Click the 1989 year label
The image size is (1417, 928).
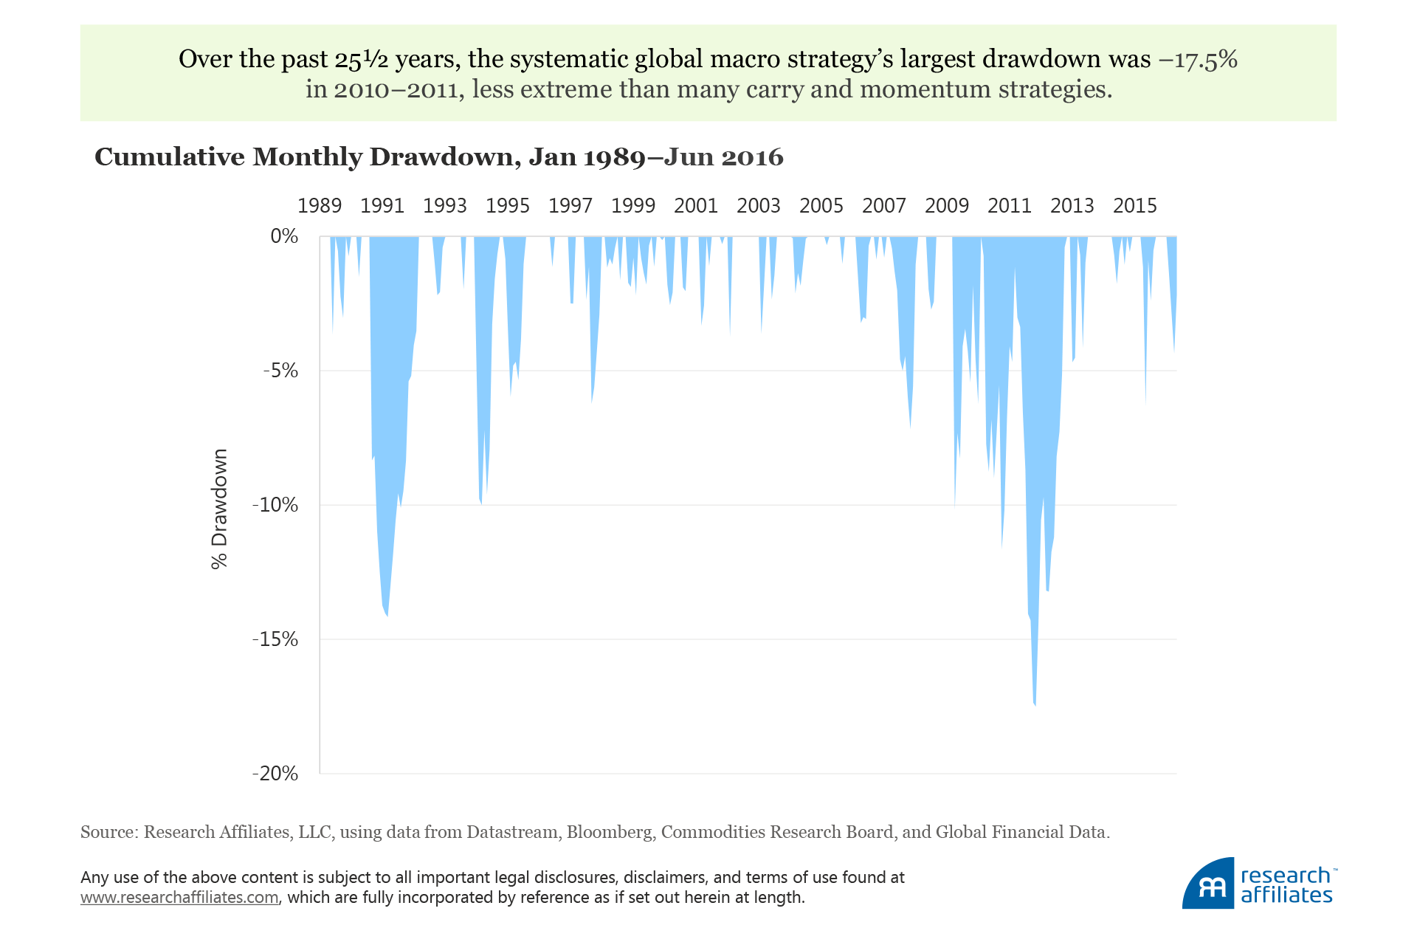(319, 206)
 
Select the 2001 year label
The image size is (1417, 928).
(695, 206)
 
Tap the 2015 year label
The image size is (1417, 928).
(1134, 206)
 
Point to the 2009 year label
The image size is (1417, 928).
(946, 206)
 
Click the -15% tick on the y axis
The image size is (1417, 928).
(275, 639)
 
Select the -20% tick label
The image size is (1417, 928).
(275, 774)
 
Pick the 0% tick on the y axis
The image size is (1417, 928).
(284, 236)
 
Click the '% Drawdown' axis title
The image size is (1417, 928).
(220, 509)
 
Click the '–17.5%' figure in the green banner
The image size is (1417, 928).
(1198, 59)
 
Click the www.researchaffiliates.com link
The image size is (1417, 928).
(179, 898)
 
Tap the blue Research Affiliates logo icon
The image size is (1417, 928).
(1208, 884)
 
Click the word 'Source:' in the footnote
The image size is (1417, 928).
(109, 833)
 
